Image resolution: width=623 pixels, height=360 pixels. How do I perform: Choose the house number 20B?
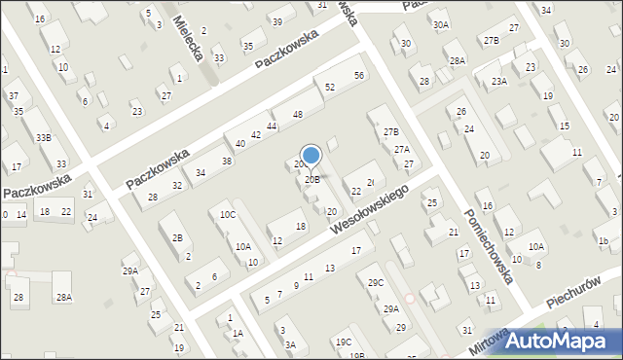coord(311,180)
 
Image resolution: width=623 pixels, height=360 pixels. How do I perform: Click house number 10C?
coord(227,215)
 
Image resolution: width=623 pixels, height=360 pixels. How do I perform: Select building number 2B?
coord(177,238)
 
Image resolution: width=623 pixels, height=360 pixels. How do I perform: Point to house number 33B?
coord(44,138)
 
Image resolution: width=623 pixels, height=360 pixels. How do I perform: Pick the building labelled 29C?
coord(376,283)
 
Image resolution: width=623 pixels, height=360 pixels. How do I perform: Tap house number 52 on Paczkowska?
coord(330,88)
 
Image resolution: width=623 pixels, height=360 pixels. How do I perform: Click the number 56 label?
coord(359,76)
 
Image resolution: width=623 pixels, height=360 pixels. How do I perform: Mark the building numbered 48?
coord(298,115)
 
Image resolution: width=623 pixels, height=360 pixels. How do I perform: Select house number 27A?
coord(401,150)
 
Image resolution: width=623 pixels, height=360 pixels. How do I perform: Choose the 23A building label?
coord(499,82)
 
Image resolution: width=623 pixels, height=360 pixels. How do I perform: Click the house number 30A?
coord(441,25)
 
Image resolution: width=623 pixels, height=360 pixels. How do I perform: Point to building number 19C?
coord(344,342)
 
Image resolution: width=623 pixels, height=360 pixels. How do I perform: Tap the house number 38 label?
coord(227,162)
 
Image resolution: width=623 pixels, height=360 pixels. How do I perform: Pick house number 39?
coord(277,22)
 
